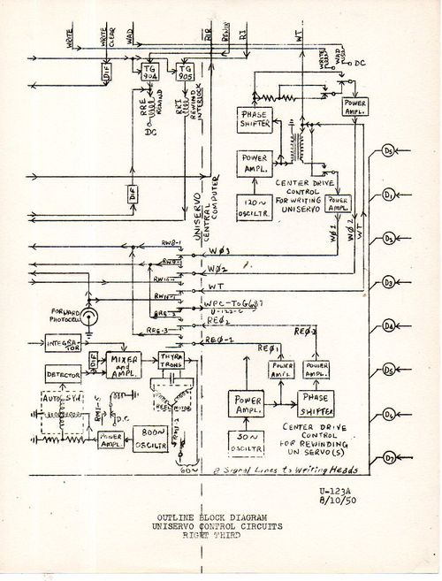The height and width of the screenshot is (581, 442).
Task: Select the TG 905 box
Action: (x=187, y=73)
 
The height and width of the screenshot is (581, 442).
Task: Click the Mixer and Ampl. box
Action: (x=125, y=364)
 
